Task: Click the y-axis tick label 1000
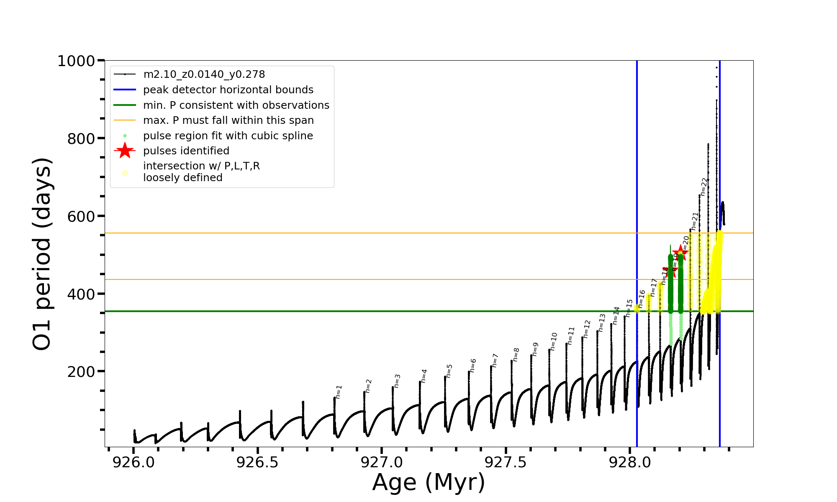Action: tap(76, 61)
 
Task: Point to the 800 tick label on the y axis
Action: tap(81, 138)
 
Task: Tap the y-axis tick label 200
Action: tap(81, 371)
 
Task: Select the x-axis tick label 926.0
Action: tap(134, 462)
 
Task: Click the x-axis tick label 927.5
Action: tap(506, 462)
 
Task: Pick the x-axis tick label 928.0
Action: tap(630, 462)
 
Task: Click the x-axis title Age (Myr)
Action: tap(429, 482)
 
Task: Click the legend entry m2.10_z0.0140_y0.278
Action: tap(204, 74)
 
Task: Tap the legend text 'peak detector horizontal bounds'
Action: tap(228, 90)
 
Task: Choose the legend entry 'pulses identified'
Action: tap(186, 151)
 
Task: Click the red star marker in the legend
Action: tap(125, 151)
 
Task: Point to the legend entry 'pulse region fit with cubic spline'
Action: tap(228, 136)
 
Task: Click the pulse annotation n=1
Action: tap(339, 392)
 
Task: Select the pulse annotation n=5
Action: tap(449, 371)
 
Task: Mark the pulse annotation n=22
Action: tap(704, 187)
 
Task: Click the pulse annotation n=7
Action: tap(495, 360)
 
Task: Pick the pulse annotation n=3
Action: tap(397, 381)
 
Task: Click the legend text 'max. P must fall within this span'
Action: tap(228, 120)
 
